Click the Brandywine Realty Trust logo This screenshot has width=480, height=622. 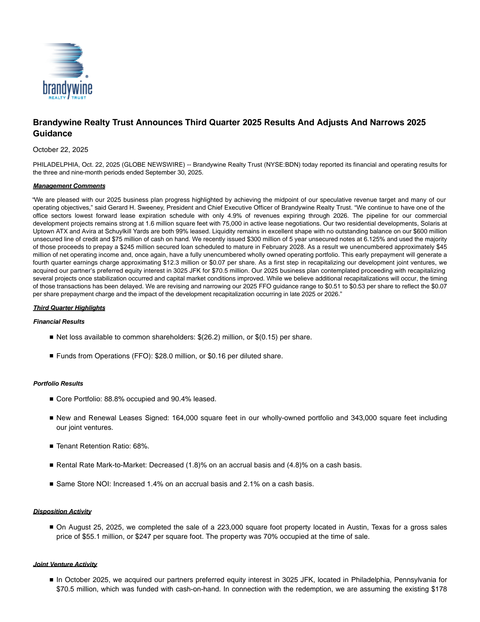pyautogui.click(x=67, y=71)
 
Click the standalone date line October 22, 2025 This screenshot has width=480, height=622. pyautogui.click(x=60, y=150)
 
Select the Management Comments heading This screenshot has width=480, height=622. pyautogui.click(x=69, y=186)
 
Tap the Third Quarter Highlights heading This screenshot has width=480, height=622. pyautogui.click(x=69, y=308)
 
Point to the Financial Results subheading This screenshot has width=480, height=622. pyautogui.click(x=59, y=322)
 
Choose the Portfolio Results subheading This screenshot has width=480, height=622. pyautogui.click(x=58, y=384)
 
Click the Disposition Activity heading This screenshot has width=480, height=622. pyautogui.click(x=62, y=511)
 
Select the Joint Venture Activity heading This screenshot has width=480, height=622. pyautogui.click(x=65, y=564)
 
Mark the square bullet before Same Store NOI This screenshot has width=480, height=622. pyautogui.click(x=51, y=484)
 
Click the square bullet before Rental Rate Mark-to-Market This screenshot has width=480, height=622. pyautogui.click(x=51, y=465)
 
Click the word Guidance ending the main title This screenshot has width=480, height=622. pyautogui.click(x=52, y=133)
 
